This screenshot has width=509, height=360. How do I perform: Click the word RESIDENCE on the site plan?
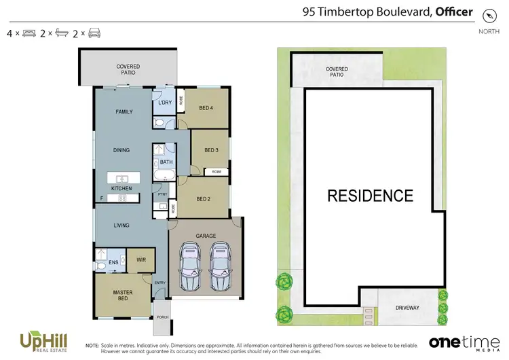click(x=370, y=196)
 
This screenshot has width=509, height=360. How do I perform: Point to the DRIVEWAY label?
click(x=408, y=308)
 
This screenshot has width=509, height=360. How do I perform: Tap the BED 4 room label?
click(x=208, y=108)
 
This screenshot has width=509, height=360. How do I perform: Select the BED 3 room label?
click(x=211, y=150)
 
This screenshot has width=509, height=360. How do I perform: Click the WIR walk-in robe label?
click(x=141, y=259)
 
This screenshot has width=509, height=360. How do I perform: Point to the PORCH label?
click(x=162, y=317)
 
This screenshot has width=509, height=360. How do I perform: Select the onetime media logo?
click(x=459, y=341)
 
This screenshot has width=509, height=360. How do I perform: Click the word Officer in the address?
click(x=454, y=11)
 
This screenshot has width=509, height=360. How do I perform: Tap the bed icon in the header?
click(x=29, y=33)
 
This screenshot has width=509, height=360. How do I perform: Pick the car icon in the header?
click(x=94, y=33)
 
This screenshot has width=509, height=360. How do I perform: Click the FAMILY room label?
click(x=124, y=111)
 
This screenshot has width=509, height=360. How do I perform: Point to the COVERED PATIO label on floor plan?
click(x=128, y=70)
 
